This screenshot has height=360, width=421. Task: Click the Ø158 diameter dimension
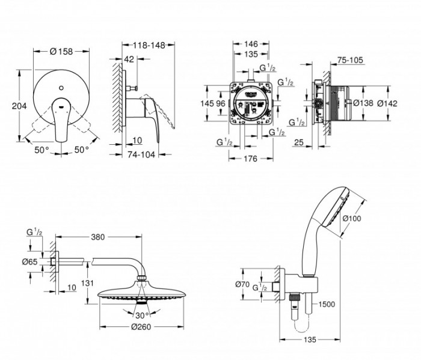point(61,52)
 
